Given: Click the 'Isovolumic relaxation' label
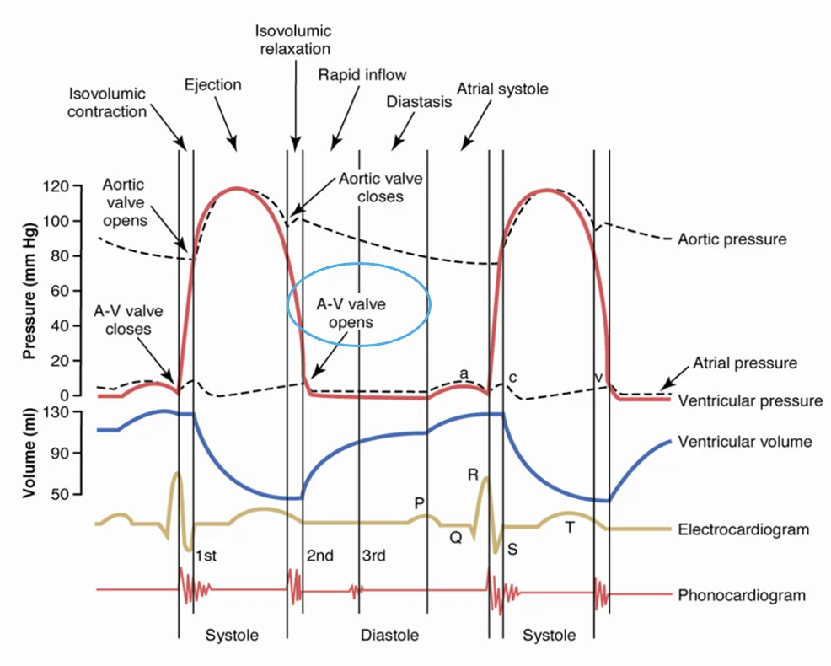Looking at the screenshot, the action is click(x=293, y=40).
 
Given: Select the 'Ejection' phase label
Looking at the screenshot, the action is click(x=212, y=85).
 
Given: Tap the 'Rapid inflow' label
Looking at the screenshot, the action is click(x=362, y=75).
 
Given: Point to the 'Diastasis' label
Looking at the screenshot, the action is click(x=419, y=101).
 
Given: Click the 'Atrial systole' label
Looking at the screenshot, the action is click(x=502, y=89).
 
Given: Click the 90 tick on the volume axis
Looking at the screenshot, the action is click(x=60, y=453).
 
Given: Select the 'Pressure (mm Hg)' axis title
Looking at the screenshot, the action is click(x=29, y=291).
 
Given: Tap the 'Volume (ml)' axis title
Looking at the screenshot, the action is click(x=29, y=453).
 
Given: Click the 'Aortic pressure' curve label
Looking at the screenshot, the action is click(x=732, y=239).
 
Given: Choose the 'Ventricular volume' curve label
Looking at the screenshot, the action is click(x=745, y=442).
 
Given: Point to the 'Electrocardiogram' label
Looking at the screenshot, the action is click(x=743, y=529).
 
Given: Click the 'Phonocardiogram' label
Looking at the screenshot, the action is click(x=742, y=595).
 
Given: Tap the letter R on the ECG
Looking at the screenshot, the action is click(x=473, y=475).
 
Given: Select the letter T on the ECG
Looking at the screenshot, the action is click(x=570, y=527).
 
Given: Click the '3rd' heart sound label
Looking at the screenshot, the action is click(x=373, y=556).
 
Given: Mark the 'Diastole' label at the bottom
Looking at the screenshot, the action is click(x=389, y=636).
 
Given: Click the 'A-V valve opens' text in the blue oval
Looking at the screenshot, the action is click(x=351, y=314).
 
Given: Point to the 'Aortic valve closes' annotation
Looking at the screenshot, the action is click(x=380, y=188).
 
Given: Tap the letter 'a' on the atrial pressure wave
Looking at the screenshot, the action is click(x=464, y=373).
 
